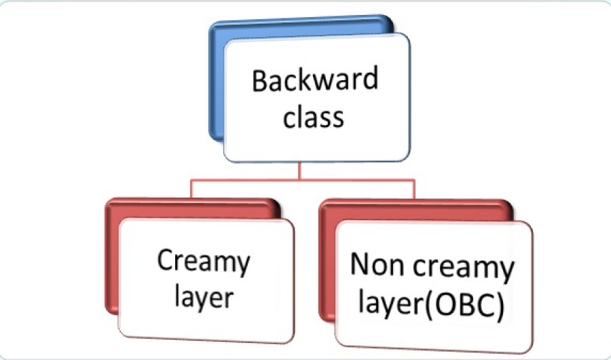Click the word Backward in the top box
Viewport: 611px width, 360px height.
(x=314, y=81)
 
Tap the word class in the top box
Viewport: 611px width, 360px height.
(x=314, y=117)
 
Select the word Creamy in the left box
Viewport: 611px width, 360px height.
(x=204, y=262)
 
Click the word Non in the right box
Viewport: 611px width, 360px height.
(x=377, y=266)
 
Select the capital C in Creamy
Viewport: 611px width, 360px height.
(x=166, y=261)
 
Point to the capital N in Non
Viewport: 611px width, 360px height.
(x=362, y=266)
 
